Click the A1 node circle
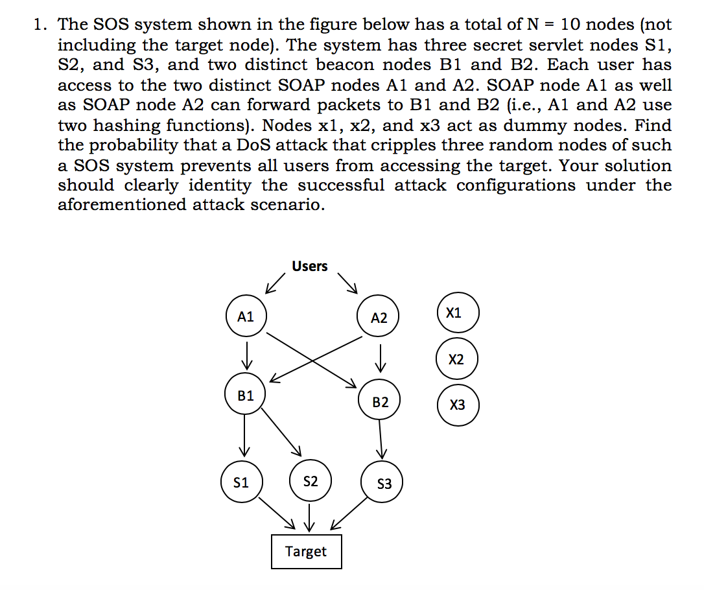[246, 317]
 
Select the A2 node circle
[379, 318]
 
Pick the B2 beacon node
[381, 403]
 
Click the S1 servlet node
[241, 482]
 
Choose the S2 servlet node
[311, 482]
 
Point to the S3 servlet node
[384, 484]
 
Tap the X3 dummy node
[458, 405]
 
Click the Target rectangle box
[306, 552]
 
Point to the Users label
[309, 266]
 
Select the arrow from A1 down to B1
[246, 354]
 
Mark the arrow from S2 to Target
[311, 516]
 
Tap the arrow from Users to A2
[348, 280]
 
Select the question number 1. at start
[41, 25]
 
